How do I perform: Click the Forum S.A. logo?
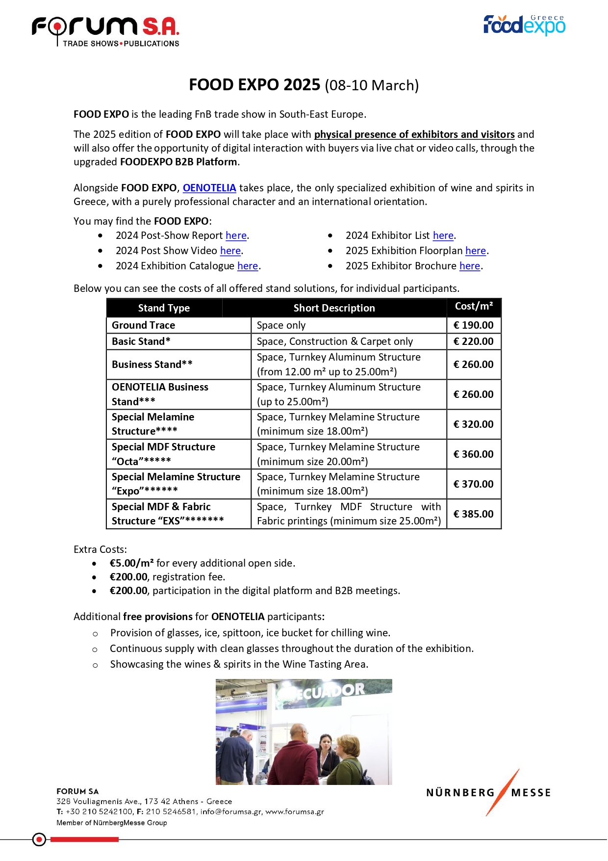(105, 30)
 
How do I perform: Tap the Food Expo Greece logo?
(524, 25)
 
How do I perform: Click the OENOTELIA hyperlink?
(209, 188)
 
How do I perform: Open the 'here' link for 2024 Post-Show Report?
(236, 235)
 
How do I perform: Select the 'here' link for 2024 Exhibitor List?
(443, 235)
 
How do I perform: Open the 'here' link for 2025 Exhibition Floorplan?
(476, 251)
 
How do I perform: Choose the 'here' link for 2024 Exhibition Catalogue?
(248, 266)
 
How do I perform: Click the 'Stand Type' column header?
(164, 308)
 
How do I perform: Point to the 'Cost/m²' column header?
(474, 307)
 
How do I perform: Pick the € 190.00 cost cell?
(474, 325)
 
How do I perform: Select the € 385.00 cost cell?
(474, 514)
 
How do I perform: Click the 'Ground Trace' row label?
(143, 325)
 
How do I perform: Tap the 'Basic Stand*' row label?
(141, 341)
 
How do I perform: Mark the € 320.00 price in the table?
(474, 424)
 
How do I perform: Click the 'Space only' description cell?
(281, 325)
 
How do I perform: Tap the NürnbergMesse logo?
(489, 792)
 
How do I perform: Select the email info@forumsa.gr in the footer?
(231, 811)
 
